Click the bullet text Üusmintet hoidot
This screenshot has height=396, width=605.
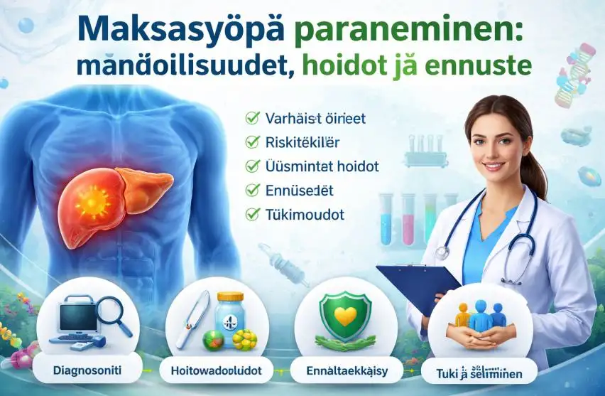point(321,166)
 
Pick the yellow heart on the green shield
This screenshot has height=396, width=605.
point(345,316)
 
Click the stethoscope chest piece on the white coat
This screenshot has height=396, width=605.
point(442,252)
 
